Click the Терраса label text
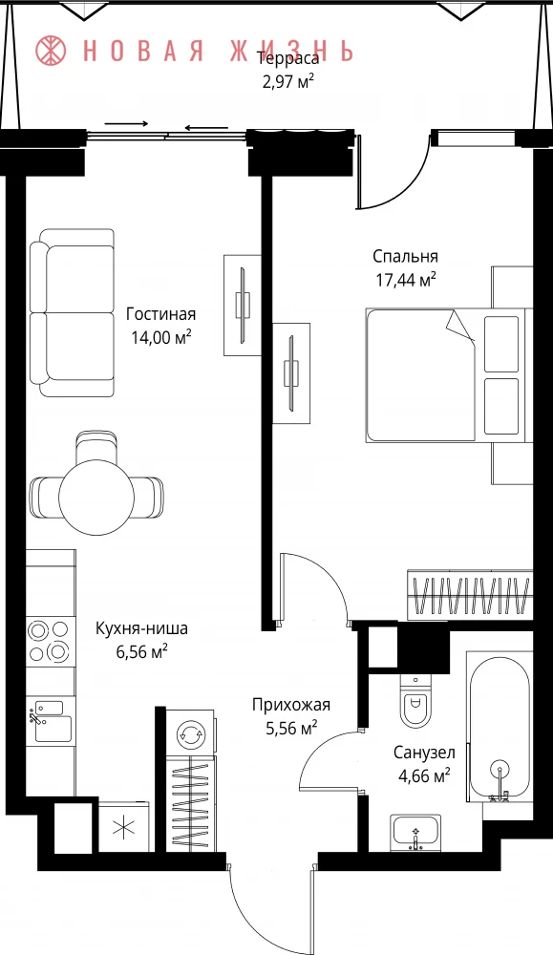point(288,59)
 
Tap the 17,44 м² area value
point(405,280)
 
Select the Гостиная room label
point(160,314)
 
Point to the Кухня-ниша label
point(142,628)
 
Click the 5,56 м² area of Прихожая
point(291,728)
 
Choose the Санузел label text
point(424,753)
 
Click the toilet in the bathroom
point(416,701)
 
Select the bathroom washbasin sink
point(416,832)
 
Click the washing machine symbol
point(190,732)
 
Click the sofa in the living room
point(73,313)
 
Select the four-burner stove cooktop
point(50,640)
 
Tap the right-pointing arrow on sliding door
point(127,123)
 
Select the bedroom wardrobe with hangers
point(470,595)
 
